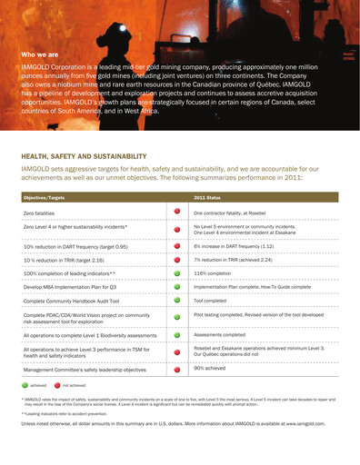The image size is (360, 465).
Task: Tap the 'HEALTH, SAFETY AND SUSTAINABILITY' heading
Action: (84, 156)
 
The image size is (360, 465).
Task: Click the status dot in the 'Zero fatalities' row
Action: (176, 212)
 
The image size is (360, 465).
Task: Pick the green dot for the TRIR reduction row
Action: (176, 259)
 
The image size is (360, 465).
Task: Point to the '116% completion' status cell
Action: (213, 272)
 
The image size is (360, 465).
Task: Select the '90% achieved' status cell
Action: (211, 369)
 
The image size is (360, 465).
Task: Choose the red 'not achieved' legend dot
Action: (56, 385)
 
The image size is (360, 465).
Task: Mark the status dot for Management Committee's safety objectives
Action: (176, 370)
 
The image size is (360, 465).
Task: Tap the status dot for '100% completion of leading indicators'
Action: (176, 272)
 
